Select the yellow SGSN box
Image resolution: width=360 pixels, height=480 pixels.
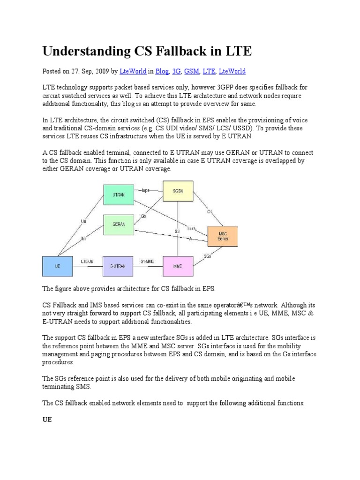177,191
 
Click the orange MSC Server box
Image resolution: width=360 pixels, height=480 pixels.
223,236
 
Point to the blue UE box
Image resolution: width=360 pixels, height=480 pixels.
58,265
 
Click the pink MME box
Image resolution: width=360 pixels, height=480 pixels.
178,265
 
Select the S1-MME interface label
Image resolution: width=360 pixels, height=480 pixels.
147,261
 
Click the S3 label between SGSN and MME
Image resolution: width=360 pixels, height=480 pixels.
178,231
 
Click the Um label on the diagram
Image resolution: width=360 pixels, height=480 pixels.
83,239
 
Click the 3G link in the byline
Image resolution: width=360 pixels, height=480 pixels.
177,71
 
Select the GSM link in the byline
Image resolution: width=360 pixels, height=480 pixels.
191,71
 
